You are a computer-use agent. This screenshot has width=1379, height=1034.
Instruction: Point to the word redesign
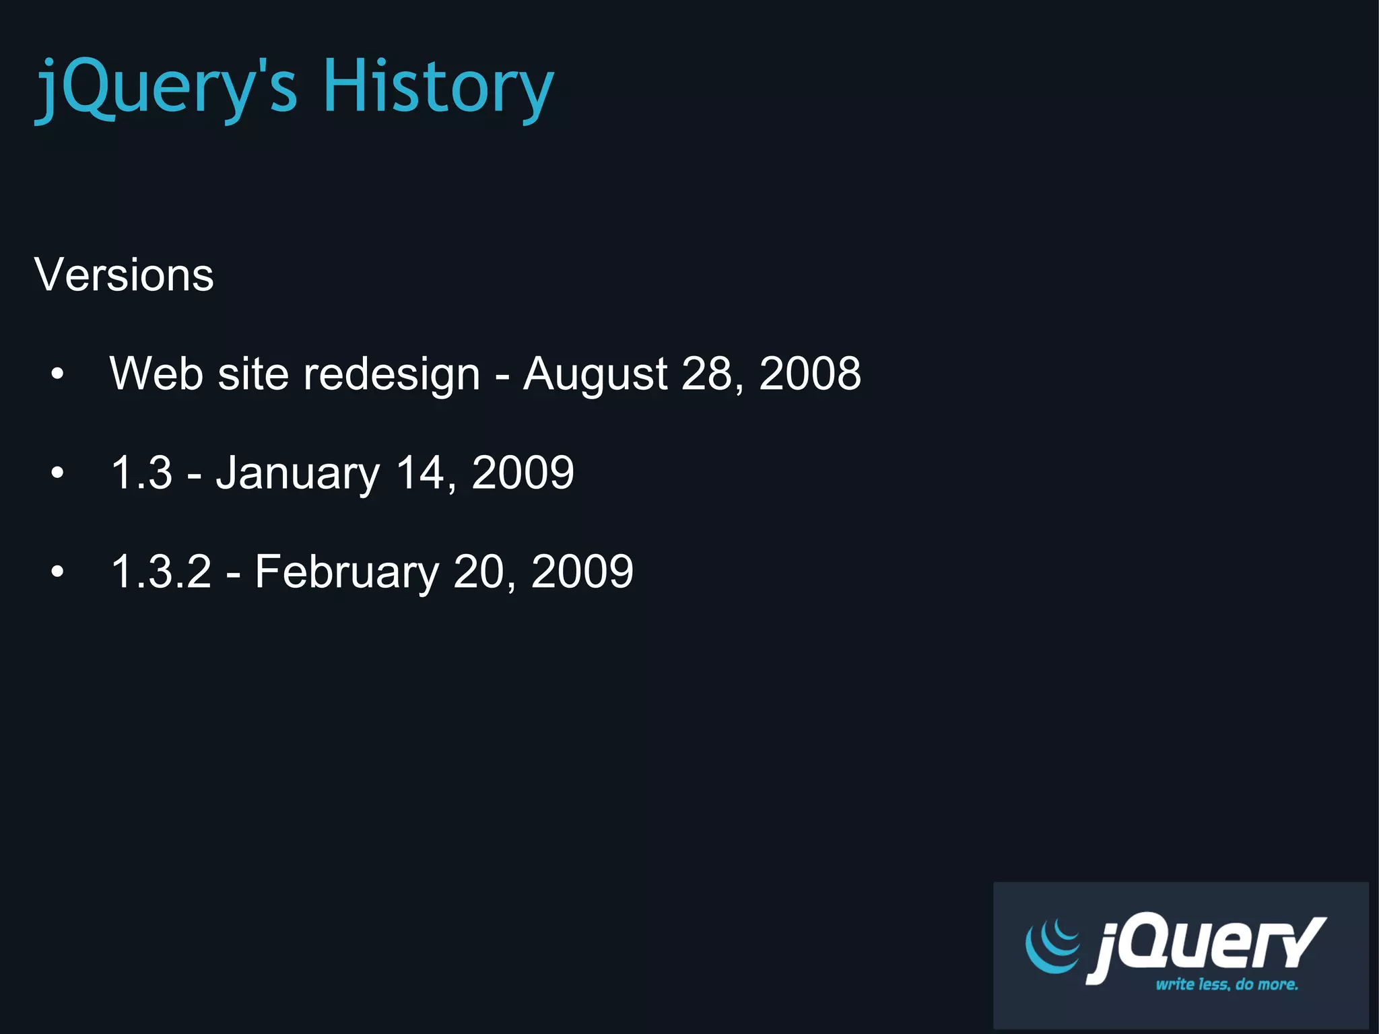point(391,374)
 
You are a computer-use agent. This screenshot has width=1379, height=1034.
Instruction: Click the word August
point(595,374)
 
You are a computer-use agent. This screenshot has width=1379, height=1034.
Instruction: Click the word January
point(298,473)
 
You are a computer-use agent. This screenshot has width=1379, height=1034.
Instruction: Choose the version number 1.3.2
point(161,572)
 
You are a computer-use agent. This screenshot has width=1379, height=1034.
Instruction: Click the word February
point(347,572)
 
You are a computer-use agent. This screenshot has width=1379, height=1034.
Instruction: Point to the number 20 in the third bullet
point(479,572)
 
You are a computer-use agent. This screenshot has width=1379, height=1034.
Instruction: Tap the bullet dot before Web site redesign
point(57,374)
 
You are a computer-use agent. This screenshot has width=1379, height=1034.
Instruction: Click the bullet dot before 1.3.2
point(57,572)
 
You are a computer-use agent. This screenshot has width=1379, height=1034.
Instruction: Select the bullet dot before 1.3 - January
point(57,473)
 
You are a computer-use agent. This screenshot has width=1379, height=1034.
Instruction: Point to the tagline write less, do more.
point(1226,984)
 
